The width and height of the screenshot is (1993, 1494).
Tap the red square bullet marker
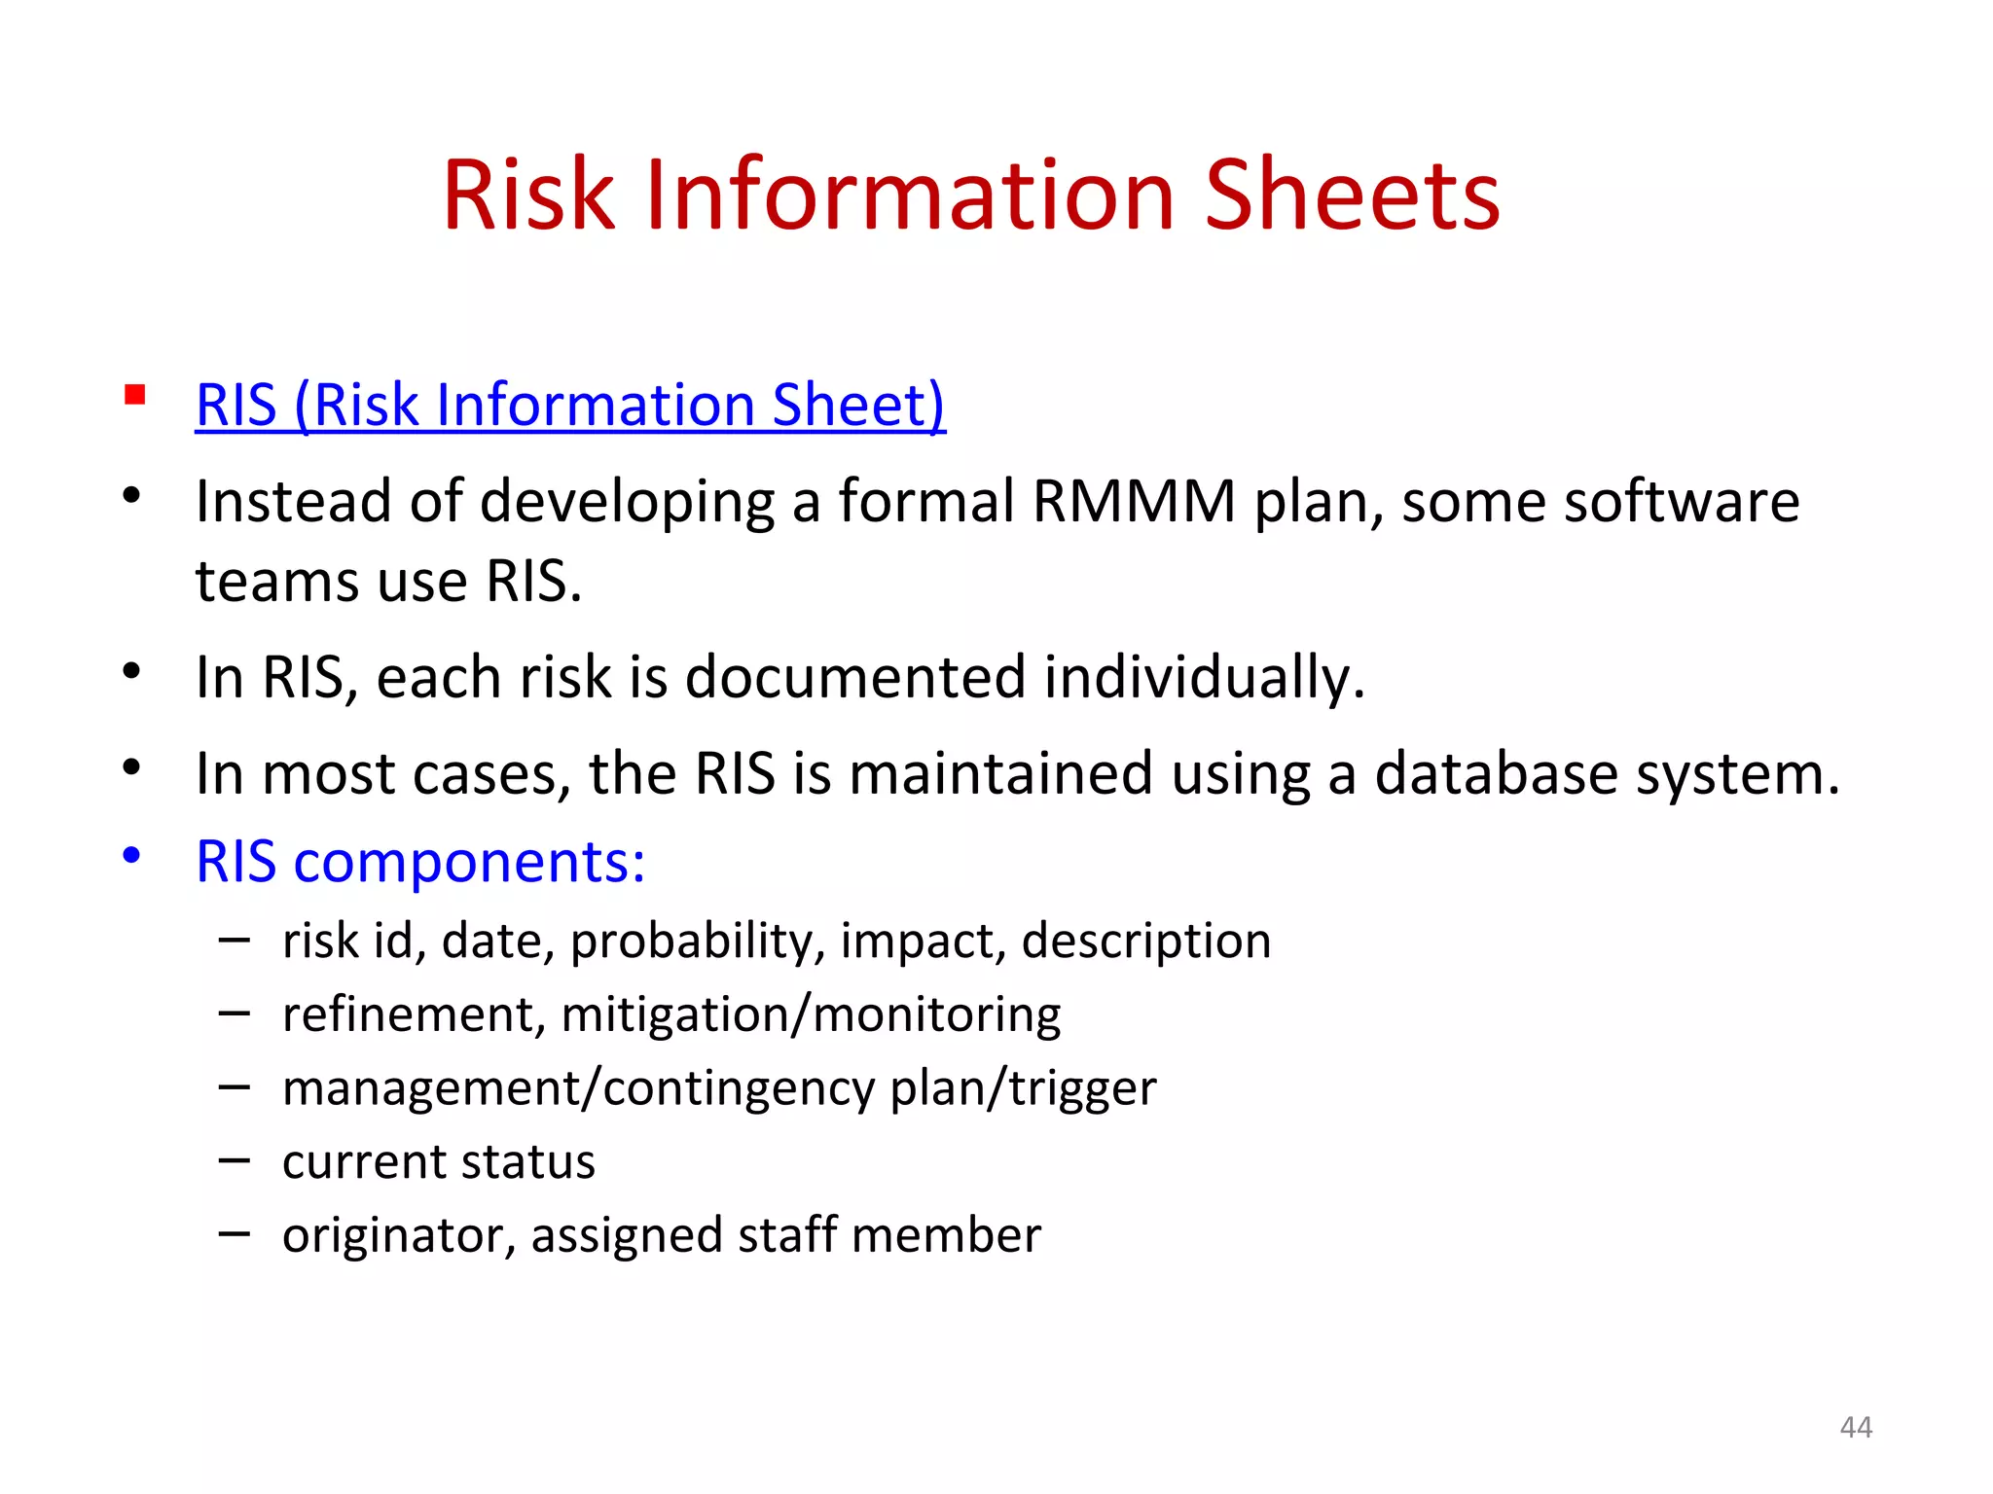(135, 395)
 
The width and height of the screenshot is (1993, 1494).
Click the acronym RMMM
(1134, 502)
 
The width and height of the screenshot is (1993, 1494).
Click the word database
(1495, 774)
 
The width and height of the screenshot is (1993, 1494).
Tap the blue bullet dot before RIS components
(132, 856)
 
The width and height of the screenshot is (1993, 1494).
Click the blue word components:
(469, 862)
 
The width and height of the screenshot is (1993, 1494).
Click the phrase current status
(438, 1161)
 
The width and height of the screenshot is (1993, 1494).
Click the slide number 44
(1856, 1427)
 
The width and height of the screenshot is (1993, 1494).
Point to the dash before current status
(235, 1159)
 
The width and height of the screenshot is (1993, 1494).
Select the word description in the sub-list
(1145, 942)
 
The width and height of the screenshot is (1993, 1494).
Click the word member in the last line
(946, 1235)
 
